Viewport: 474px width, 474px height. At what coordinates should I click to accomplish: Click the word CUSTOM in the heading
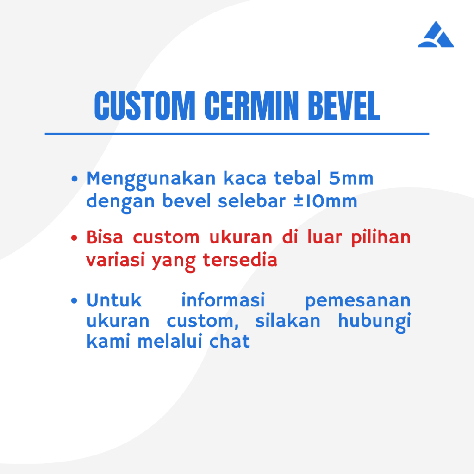[x=145, y=106]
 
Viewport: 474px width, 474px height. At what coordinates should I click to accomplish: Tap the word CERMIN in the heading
[x=251, y=106]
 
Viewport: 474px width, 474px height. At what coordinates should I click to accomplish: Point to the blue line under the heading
[x=237, y=134]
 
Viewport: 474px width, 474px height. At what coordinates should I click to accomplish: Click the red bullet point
[x=74, y=238]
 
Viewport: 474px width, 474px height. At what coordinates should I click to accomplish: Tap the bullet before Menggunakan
[x=75, y=179]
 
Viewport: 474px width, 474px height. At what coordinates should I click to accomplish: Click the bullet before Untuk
[x=74, y=301]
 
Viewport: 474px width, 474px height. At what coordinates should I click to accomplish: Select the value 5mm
[x=351, y=178]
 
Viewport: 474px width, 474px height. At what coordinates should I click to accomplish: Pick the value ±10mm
[x=325, y=201]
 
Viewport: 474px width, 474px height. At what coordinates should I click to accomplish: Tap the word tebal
[x=298, y=178]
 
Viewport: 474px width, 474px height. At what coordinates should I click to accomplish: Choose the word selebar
[x=252, y=201]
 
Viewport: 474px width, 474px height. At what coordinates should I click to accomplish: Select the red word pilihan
[x=381, y=238]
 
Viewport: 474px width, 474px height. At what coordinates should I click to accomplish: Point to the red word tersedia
[x=240, y=260]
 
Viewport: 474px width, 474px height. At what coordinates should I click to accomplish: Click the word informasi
[x=223, y=300]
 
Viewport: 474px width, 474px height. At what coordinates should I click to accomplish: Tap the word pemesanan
[x=358, y=301]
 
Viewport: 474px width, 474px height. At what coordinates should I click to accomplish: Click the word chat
[x=230, y=341]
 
